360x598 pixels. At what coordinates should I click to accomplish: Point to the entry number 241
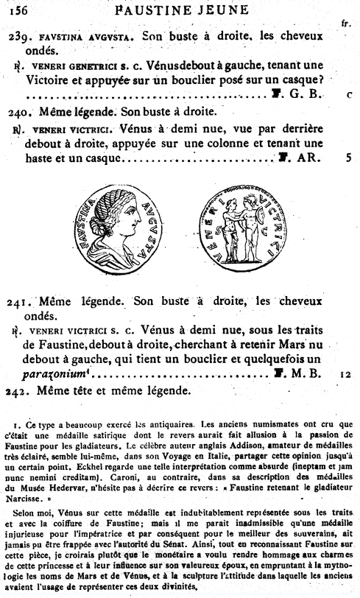point(20,303)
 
